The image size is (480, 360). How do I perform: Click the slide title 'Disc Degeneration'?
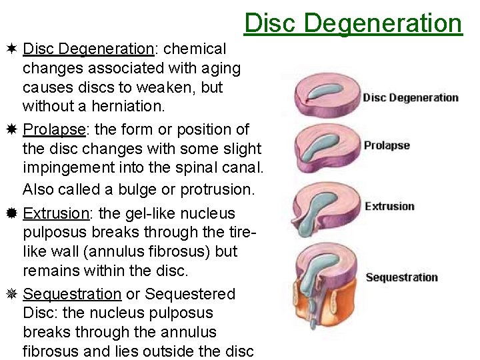[x=353, y=23]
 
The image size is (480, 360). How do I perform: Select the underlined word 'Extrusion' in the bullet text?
[x=55, y=213]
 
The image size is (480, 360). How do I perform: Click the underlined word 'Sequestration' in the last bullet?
[x=72, y=294]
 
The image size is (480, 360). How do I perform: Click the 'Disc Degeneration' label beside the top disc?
[x=411, y=98]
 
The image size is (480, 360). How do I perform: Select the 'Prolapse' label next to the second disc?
[x=387, y=145]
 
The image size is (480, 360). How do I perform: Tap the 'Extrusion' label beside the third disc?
[x=389, y=206]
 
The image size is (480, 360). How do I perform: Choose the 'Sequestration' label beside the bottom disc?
[x=401, y=277]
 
